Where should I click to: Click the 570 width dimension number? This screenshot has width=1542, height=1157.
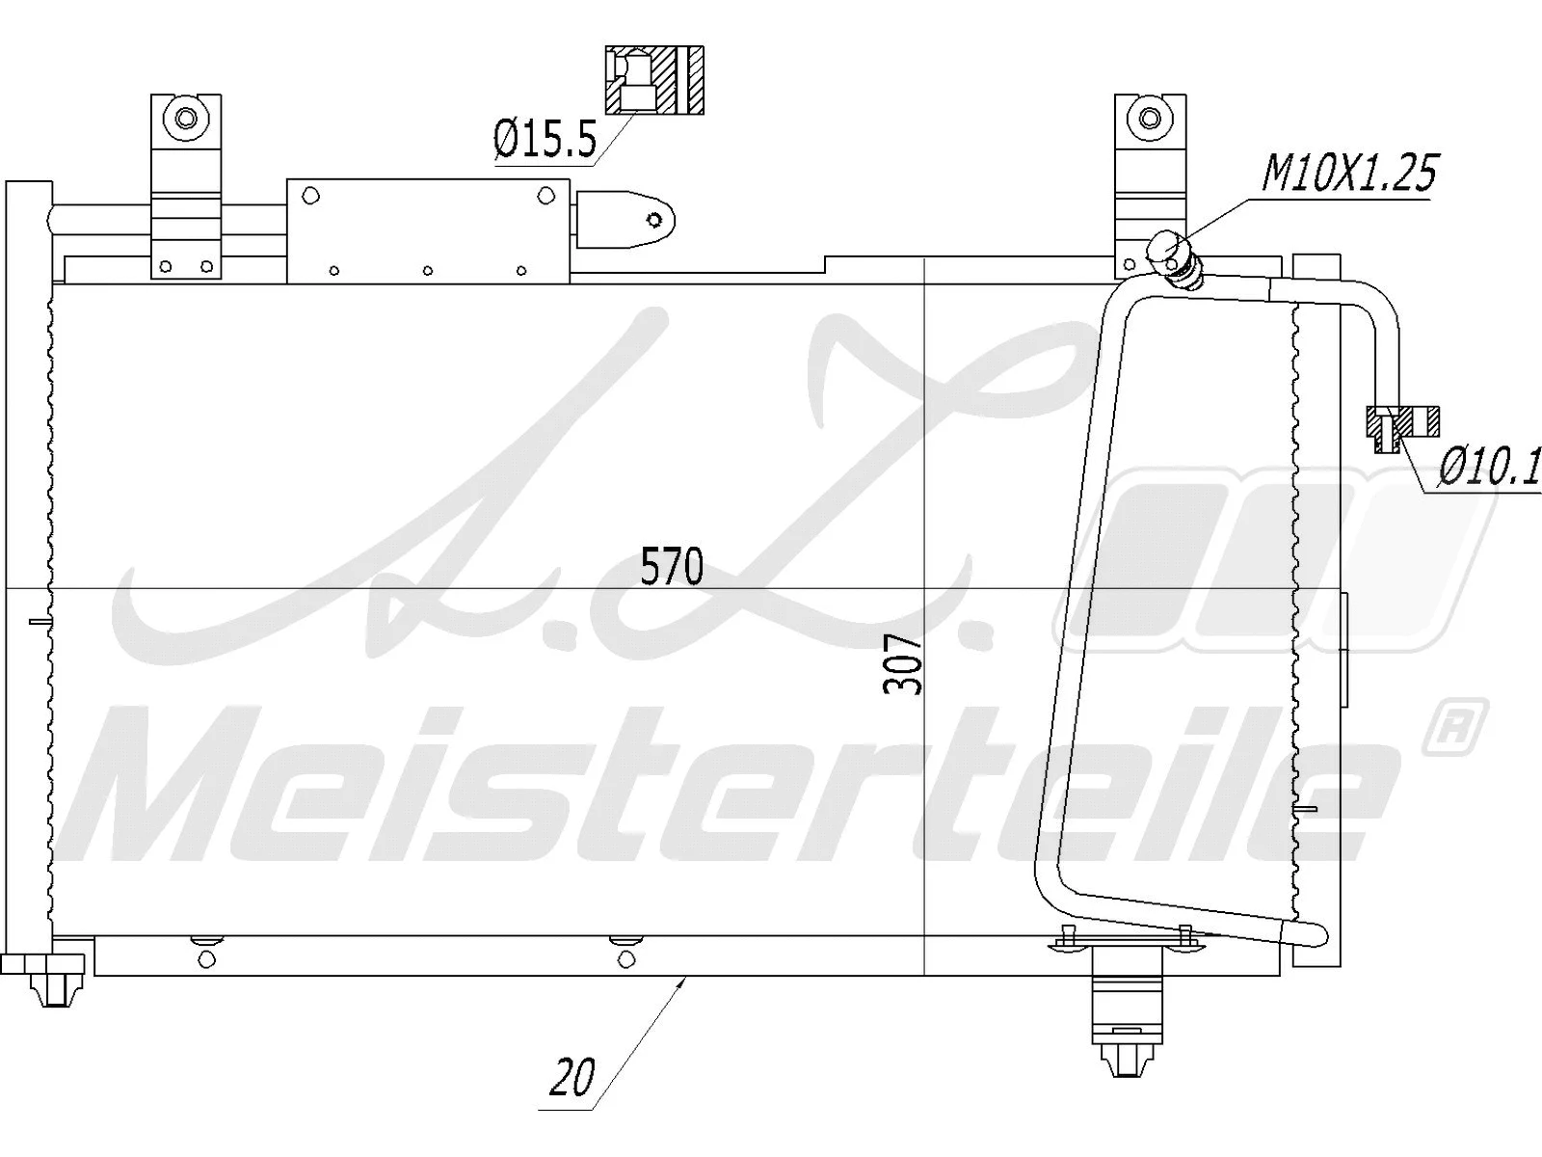(x=672, y=567)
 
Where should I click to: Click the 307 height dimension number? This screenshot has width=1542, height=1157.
(x=903, y=664)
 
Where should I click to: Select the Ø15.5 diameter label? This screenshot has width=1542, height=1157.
(x=545, y=141)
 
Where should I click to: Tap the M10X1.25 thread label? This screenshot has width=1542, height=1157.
(x=1348, y=174)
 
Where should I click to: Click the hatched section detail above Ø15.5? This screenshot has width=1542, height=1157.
(x=654, y=79)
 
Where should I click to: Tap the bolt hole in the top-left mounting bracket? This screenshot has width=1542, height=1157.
(x=185, y=119)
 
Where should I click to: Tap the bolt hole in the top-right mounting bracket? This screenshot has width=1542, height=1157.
(x=1149, y=119)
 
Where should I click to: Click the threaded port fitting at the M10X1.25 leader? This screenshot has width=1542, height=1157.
(x=1174, y=257)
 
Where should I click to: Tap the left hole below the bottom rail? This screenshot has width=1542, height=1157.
(x=204, y=958)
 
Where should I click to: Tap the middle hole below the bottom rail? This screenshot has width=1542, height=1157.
(x=627, y=958)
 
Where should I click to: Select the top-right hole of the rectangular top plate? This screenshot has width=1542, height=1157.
(x=547, y=196)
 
